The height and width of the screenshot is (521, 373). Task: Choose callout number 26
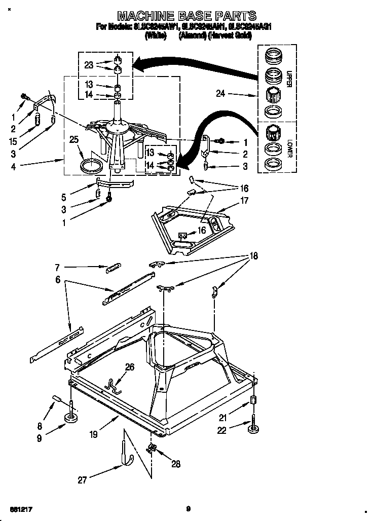pyautogui.click(x=130, y=367)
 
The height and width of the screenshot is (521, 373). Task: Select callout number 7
pyautogui.click(x=58, y=266)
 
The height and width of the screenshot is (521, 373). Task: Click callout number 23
pyautogui.click(x=89, y=65)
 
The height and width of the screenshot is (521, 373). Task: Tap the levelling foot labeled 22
pyautogui.click(x=252, y=429)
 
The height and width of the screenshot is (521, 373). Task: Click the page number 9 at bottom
pyautogui.click(x=188, y=508)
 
